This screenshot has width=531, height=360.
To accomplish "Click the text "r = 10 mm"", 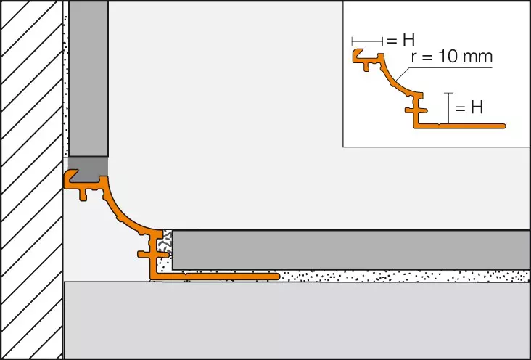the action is point(451,57).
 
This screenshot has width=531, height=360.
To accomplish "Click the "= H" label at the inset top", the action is point(400,41).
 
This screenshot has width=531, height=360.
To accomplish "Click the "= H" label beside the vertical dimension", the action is point(469,107).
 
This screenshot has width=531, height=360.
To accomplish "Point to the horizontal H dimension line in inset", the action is point(368,41).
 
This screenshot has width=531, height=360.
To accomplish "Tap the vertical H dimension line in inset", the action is point(448,108).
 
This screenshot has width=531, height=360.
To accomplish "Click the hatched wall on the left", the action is point(32,180).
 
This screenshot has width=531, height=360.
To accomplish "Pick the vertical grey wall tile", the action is point(88,78).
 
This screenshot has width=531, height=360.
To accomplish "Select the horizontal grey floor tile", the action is point(350,250).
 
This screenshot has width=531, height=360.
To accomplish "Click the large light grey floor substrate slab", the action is point(297,320).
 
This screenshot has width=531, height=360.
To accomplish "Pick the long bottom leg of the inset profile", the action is point(459,126).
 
